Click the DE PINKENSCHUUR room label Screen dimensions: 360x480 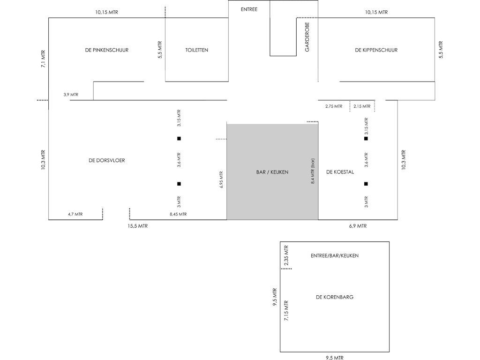[x=107, y=50]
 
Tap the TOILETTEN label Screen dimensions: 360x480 [x=197, y=50]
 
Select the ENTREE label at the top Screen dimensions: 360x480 [x=249, y=9]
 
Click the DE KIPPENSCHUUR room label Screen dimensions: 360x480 [x=376, y=50]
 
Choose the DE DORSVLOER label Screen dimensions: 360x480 [x=107, y=160]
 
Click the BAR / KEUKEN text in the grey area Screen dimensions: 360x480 [x=272, y=172]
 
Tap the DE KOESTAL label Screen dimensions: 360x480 [x=340, y=172]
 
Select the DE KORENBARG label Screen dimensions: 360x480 [x=335, y=297]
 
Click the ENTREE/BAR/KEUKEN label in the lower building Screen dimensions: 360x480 [x=335, y=255]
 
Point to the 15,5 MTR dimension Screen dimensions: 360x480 [x=138, y=226]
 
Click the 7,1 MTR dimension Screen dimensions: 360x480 [x=43, y=59]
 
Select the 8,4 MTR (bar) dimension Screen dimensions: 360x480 [x=313, y=172]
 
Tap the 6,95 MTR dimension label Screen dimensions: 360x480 [x=221, y=179]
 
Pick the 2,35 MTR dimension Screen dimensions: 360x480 [x=286, y=255]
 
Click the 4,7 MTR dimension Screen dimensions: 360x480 [x=75, y=214]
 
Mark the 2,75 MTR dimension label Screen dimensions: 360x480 [x=334, y=106]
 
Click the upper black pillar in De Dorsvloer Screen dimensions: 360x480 [x=179, y=138]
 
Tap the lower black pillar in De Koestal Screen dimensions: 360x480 [x=366, y=184]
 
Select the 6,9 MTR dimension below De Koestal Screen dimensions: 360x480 [x=358, y=226]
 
